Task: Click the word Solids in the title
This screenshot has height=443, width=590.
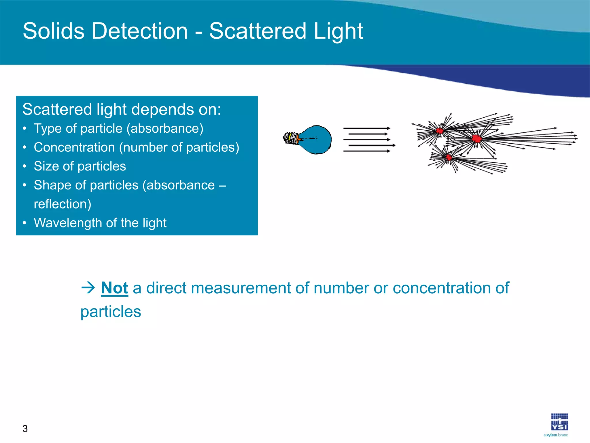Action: [54, 31]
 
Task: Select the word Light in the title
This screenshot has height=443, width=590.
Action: [338, 31]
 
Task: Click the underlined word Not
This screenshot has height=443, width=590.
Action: [114, 288]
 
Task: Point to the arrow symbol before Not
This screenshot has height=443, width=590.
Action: [88, 288]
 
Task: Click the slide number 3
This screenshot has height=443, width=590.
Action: [25, 429]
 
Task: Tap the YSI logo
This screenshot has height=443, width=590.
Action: [559, 422]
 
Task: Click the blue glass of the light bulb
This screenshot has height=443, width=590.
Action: [317, 140]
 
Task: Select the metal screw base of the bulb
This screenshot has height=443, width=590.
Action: [291, 138]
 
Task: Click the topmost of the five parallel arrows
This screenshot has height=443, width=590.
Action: [366, 128]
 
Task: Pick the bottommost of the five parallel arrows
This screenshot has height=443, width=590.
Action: [366, 151]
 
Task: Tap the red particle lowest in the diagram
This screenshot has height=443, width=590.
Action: [449, 157]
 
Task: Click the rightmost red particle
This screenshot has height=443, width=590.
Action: [477, 139]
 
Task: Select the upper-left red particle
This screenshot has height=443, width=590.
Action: [440, 131]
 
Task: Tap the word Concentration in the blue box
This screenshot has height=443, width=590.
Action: [74, 147]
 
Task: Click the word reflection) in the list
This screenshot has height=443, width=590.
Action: [63, 204]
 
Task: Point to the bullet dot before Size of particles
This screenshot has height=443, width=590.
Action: [25, 166]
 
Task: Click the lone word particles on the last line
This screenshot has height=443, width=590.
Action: [111, 312]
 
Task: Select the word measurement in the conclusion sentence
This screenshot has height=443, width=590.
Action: [241, 288]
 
